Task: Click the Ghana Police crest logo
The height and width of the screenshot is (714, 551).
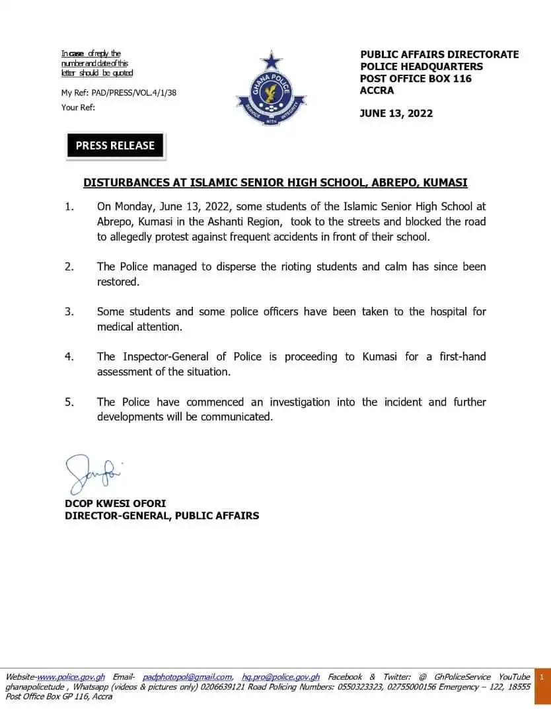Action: (x=270, y=90)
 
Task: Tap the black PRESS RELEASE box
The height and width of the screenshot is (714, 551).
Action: (x=115, y=146)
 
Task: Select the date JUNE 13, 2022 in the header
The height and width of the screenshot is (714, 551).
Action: (x=396, y=113)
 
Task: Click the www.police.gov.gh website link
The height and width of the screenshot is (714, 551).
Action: (x=71, y=677)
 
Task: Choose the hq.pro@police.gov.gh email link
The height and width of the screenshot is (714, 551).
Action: (x=281, y=677)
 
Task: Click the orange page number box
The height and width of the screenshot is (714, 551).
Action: (x=541, y=677)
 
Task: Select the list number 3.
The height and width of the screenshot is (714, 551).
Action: (x=69, y=311)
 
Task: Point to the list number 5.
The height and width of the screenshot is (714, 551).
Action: (x=69, y=402)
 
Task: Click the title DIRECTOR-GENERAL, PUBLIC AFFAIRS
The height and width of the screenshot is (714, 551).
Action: (x=162, y=516)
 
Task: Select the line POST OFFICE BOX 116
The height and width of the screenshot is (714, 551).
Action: (x=416, y=78)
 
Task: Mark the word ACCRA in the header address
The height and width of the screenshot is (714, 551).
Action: (x=377, y=90)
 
